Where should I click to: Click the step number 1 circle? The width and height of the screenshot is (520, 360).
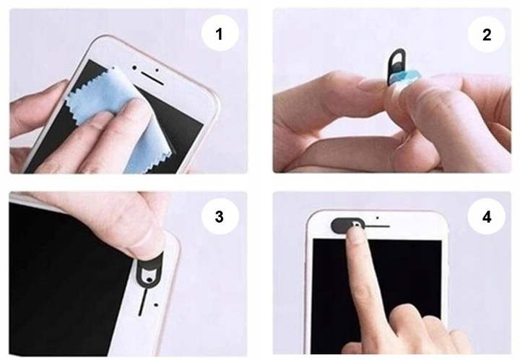click(x=220, y=33)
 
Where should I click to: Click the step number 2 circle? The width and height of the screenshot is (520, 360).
click(x=487, y=34)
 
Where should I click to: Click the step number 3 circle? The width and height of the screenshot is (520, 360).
click(x=220, y=217)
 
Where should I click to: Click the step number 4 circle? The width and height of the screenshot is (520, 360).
click(x=487, y=217)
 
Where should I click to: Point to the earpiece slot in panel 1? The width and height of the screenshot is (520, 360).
click(x=152, y=77)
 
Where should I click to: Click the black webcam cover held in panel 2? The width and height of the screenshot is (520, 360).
click(x=395, y=66)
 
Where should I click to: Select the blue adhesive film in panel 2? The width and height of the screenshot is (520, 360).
click(x=406, y=77)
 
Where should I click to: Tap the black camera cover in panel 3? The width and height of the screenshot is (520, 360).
click(x=149, y=270)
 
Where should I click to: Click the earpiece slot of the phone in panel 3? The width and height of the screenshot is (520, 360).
click(x=142, y=302)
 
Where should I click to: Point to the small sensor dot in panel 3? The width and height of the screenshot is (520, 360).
click(x=156, y=304)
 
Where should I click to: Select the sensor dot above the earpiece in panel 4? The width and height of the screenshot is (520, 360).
click(x=378, y=218)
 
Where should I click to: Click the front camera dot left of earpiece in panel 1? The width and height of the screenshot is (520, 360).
click(x=134, y=68)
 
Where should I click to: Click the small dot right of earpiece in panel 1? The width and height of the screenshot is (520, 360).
click(x=157, y=70)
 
